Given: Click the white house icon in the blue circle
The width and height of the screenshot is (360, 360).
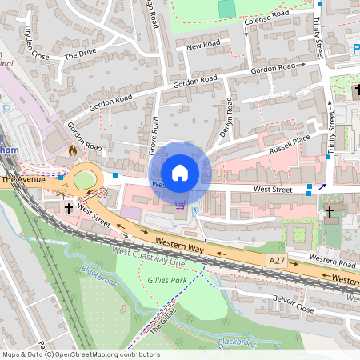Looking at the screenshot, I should (180, 172).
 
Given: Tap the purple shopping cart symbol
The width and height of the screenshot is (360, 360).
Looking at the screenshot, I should (181, 205).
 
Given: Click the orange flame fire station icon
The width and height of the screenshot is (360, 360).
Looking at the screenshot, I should (73, 149).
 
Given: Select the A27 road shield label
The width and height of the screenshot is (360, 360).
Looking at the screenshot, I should (277, 261).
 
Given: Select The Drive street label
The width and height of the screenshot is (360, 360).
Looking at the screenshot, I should (80, 55).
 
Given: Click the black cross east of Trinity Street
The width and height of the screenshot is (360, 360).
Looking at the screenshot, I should (330, 212).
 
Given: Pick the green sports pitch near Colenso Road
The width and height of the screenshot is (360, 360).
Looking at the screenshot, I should (228, 8).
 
